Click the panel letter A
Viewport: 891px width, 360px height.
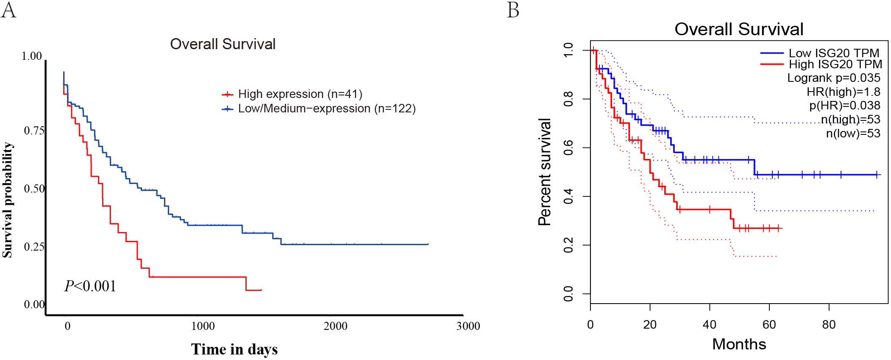[8, 10]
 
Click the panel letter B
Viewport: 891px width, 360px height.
[513, 10]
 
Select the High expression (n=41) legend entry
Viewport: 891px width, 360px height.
[292, 94]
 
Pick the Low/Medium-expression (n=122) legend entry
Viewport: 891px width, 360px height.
[319, 109]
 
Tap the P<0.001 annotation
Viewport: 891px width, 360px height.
[90, 286]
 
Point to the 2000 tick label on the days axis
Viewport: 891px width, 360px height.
[335, 326]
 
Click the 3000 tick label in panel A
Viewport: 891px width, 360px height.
[468, 326]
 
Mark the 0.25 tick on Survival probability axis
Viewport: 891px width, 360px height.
[34, 247]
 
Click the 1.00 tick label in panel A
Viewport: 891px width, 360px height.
[32, 56]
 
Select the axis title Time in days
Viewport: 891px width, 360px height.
[234, 349]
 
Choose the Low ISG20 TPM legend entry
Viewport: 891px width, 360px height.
[820, 53]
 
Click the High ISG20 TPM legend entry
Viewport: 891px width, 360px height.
[821, 64]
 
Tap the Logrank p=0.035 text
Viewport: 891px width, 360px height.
[834, 78]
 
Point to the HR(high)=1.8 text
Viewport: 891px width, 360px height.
[844, 92]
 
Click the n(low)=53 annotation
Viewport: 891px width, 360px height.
[853, 134]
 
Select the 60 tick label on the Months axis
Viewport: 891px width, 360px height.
[769, 325]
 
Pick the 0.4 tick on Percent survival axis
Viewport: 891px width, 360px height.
[568, 196]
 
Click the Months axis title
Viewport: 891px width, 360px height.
[739, 344]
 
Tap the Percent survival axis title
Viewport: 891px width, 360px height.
[544, 172]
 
